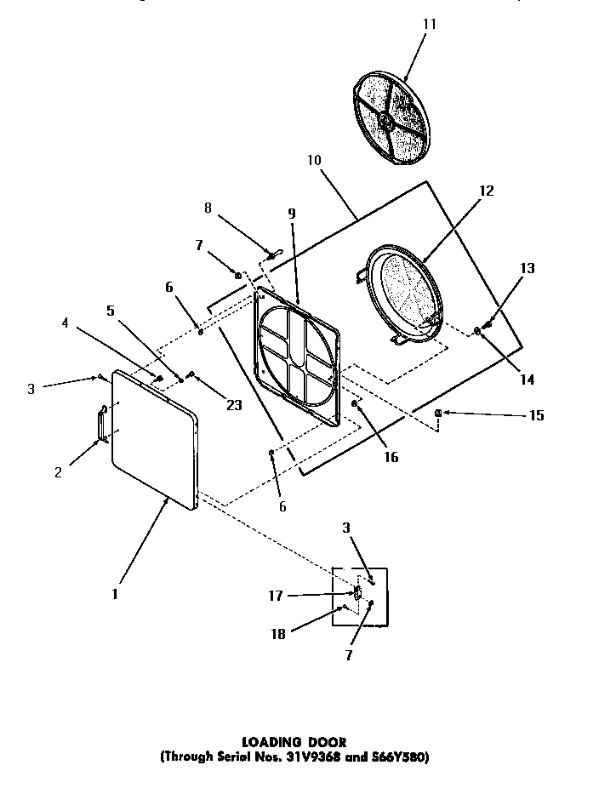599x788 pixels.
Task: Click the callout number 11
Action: [x=429, y=24]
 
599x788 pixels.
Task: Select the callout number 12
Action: [x=486, y=191]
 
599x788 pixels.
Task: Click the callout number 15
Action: [x=536, y=416]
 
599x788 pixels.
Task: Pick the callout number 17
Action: [x=275, y=597]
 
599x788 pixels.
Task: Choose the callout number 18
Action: [x=277, y=634]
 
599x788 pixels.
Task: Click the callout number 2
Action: [x=58, y=472]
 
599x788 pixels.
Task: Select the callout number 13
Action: [x=528, y=268]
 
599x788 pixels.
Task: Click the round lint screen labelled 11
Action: [x=391, y=111]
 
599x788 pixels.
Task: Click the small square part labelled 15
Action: [x=437, y=414]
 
